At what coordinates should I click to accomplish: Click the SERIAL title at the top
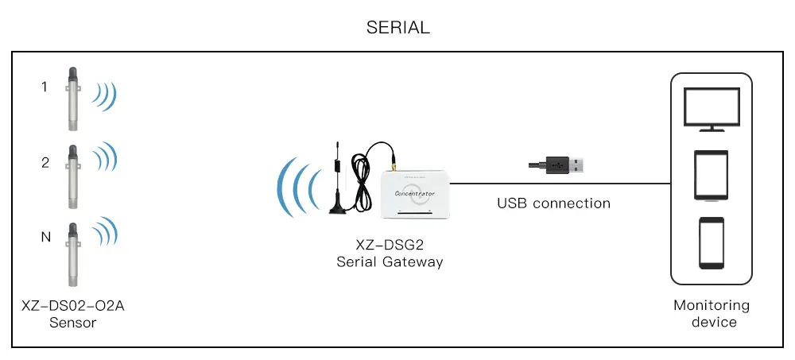click(397, 27)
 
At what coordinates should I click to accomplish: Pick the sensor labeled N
click(71, 254)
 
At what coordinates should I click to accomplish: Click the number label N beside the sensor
click(45, 237)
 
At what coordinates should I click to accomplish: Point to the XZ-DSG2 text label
click(389, 246)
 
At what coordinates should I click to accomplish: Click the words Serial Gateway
click(389, 261)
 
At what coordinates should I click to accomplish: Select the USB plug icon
click(558, 165)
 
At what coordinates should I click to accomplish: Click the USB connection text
click(553, 203)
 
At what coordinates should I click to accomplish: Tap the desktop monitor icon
click(712, 110)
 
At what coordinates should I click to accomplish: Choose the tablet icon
click(712, 176)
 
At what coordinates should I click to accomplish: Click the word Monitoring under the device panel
click(712, 305)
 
